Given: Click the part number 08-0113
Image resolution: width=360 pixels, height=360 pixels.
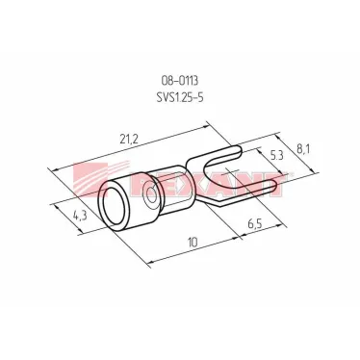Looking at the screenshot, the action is pos(180,81).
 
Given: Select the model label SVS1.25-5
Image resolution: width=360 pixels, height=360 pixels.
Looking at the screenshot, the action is pos(180,97).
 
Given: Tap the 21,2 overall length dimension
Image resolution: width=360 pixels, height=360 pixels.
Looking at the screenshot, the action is pos(129,139).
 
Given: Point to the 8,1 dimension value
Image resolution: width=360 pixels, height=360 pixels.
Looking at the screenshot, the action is pos(301,150).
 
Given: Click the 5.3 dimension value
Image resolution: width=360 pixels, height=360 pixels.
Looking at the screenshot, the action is pos(276,156).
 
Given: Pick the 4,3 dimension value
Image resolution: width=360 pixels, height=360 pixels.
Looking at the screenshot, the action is pos(80,215).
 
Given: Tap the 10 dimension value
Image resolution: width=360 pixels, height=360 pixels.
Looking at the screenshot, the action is pos(193,243).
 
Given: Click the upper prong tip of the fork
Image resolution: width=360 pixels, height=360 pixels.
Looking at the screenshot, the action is pos(238,150).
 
